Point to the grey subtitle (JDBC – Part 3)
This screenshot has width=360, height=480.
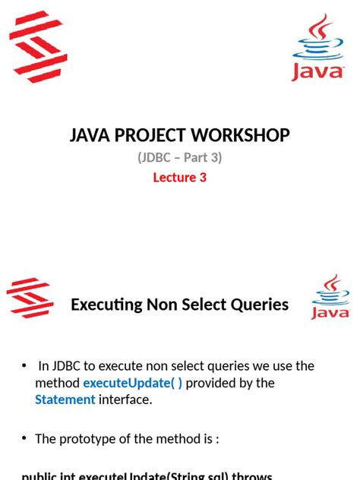(x=179, y=158)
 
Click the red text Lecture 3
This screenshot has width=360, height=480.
(x=180, y=178)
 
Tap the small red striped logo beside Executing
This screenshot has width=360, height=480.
(x=30, y=297)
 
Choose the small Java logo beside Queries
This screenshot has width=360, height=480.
(x=330, y=297)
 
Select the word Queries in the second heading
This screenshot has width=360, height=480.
(x=258, y=305)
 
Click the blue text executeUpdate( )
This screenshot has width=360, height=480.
(x=132, y=383)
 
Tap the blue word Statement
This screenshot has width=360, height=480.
(x=65, y=399)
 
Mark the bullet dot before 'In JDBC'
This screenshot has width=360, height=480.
(x=24, y=366)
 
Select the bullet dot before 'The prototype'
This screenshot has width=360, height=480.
(x=24, y=438)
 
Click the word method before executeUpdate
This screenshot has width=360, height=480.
(x=57, y=383)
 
